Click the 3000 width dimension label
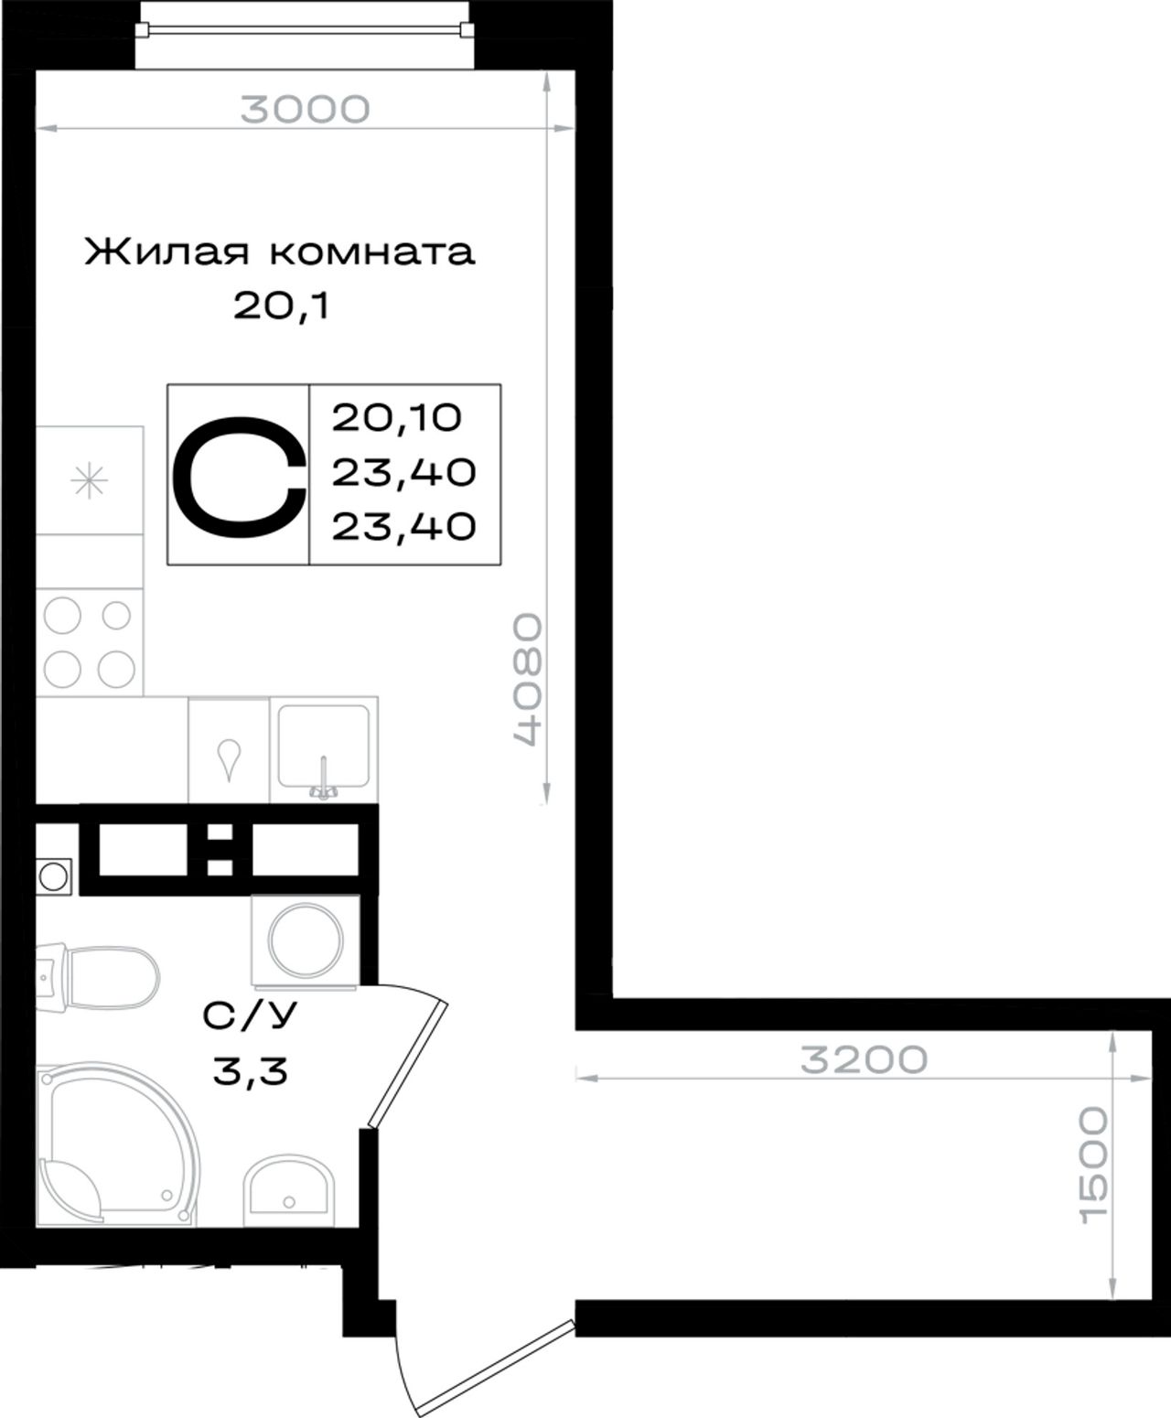click(306, 110)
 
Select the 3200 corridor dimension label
click(864, 1059)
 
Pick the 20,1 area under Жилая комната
click(281, 306)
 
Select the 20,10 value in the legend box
click(397, 418)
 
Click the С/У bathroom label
click(250, 1016)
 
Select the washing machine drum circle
click(305, 940)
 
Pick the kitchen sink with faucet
click(324, 751)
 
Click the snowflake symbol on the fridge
click(89, 481)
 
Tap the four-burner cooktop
click(89, 642)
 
